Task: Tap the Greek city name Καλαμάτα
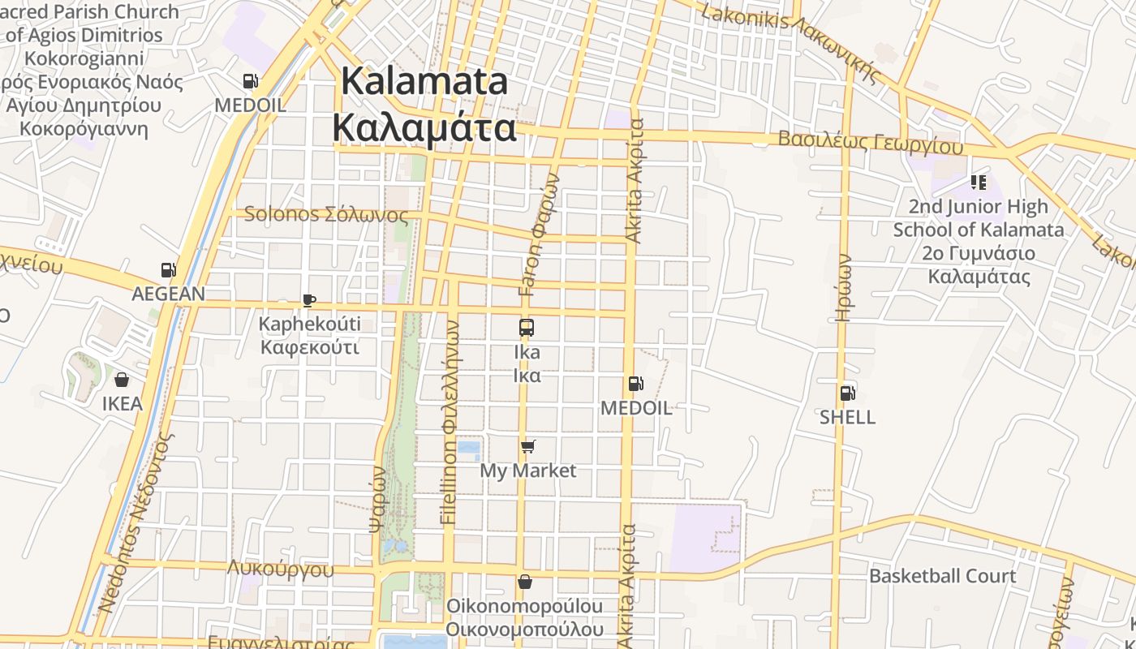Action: pyautogui.click(x=424, y=128)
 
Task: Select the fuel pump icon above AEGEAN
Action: pyautogui.click(x=168, y=270)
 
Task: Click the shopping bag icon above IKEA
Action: pyautogui.click(x=122, y=379)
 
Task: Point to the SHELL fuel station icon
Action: pyautogui.click(x=847, y=393)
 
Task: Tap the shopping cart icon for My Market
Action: pyautogui.click(x=527, y=446)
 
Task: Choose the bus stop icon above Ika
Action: pyautogui.click(x=527, y=328)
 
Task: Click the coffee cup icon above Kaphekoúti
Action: pyautogui.click(x=308, y=300)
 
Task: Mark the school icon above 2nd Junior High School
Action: pyautogui.click(x=978, y=183)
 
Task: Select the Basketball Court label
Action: pyautogui.click(x=942, y=576)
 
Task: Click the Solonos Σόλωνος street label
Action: pyautogui.click(x=325, y=215)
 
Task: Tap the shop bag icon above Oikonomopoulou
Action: pyautogui.click(x=525, y=582)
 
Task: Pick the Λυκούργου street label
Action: pyautogui.click(x=280, y=568)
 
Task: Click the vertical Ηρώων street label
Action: pyautogui.click(x=844, y=288)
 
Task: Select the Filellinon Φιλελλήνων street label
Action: pyautogui.click(x=450, y=422)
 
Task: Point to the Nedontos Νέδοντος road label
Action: pyautogui.click(x=135, y=523)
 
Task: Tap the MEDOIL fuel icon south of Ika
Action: pyautogui.click(x=635, y=384)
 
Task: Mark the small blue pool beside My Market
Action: pyautogui.click(x=468, y=448)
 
